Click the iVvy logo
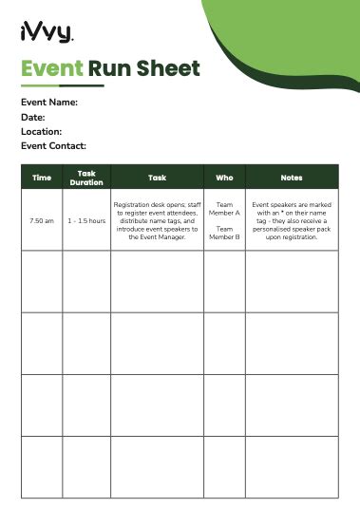46,35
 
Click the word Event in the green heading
51,68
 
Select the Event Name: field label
48,103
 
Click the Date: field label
33,117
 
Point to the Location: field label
41,131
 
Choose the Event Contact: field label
53,145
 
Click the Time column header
42,178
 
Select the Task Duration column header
86,178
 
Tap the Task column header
157,178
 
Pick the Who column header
224,178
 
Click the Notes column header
292,178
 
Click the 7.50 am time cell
42,220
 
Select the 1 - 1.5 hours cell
86,220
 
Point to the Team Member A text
224,209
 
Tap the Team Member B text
224,233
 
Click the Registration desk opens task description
157,220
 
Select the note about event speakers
292,220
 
